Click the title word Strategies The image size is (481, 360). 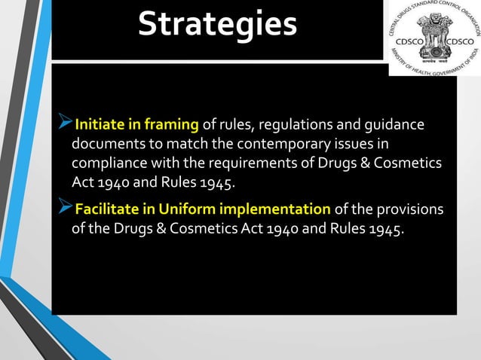tap(217, 24)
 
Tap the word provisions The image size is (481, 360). tap(413, 209)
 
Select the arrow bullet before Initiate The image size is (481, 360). tap(65, 124)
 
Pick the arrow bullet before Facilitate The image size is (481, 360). tap(65, 209)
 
